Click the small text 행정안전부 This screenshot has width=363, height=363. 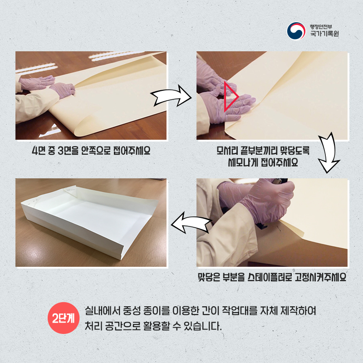[x=321, y=26]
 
